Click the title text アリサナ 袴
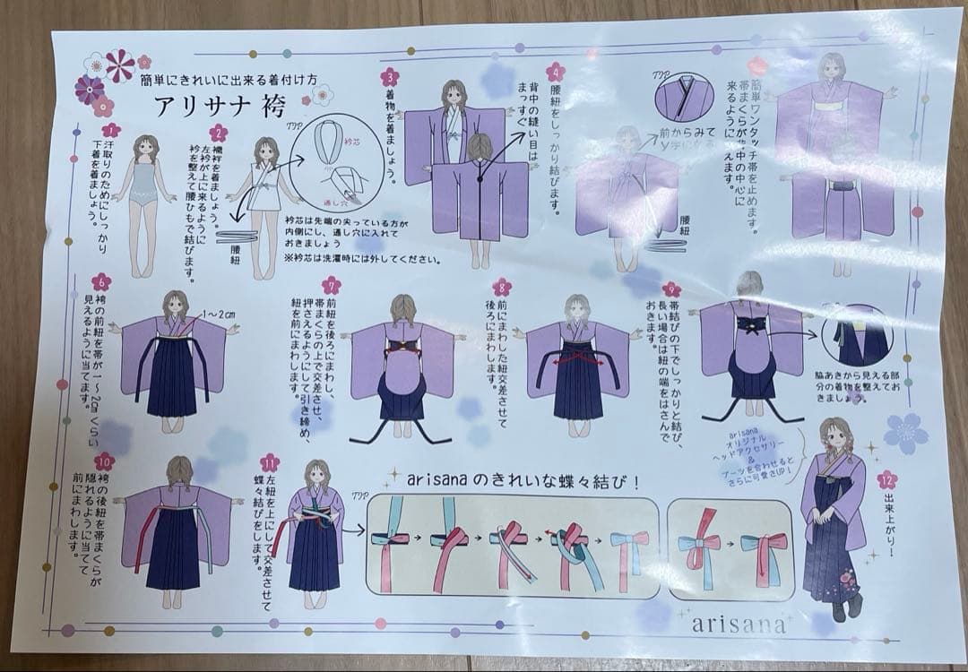point(220,107)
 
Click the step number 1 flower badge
point(111,131)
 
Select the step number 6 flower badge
point(101,281)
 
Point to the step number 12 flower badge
point(886,479)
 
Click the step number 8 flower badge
point(502,288)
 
